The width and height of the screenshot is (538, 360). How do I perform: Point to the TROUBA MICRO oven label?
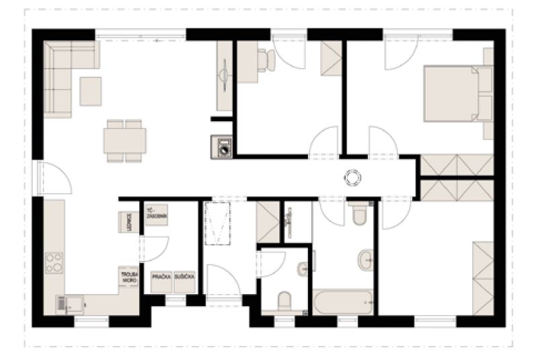click(x=128, y=278)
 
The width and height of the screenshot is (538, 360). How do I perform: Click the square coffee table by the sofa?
click(x=91, y=91)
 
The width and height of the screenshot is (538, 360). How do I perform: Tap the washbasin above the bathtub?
click(x=366, y=258)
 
